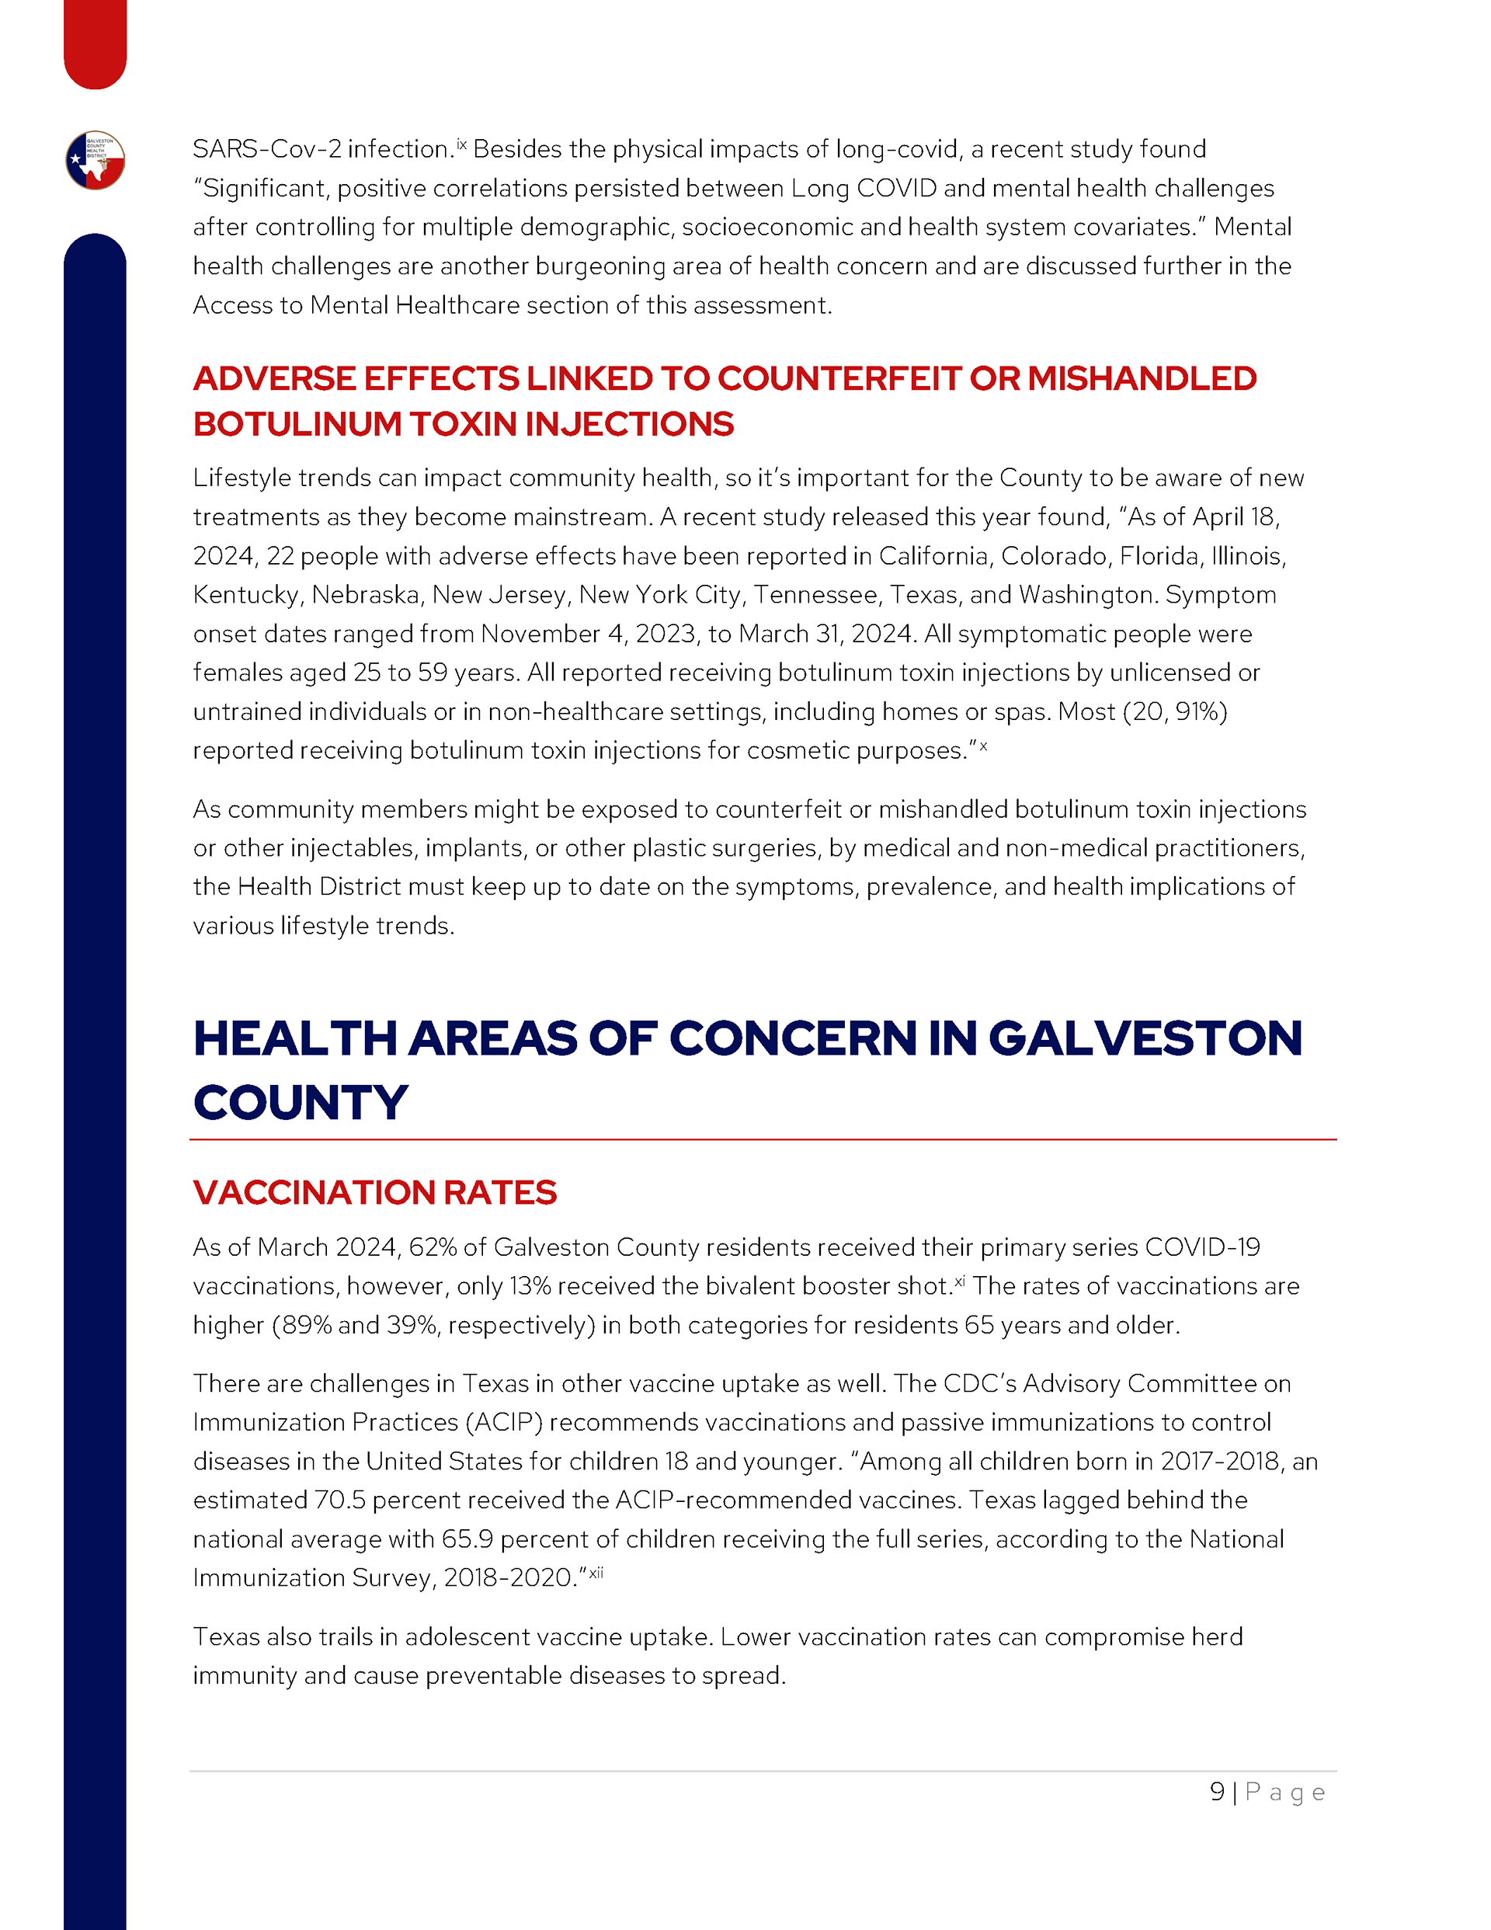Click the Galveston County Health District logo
point(96,161)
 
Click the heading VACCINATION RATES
point(375,1192)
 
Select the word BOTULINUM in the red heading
point(297,424)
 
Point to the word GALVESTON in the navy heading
point(1145,1038)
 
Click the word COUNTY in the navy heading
point(301,1103)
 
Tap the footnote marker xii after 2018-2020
point(596,1572)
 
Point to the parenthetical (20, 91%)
point(1175,711)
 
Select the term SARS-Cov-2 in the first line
point(267,149)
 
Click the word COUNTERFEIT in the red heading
point(839,378)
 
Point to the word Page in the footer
point(1285,1793)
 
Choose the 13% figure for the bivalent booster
point(530,1286)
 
